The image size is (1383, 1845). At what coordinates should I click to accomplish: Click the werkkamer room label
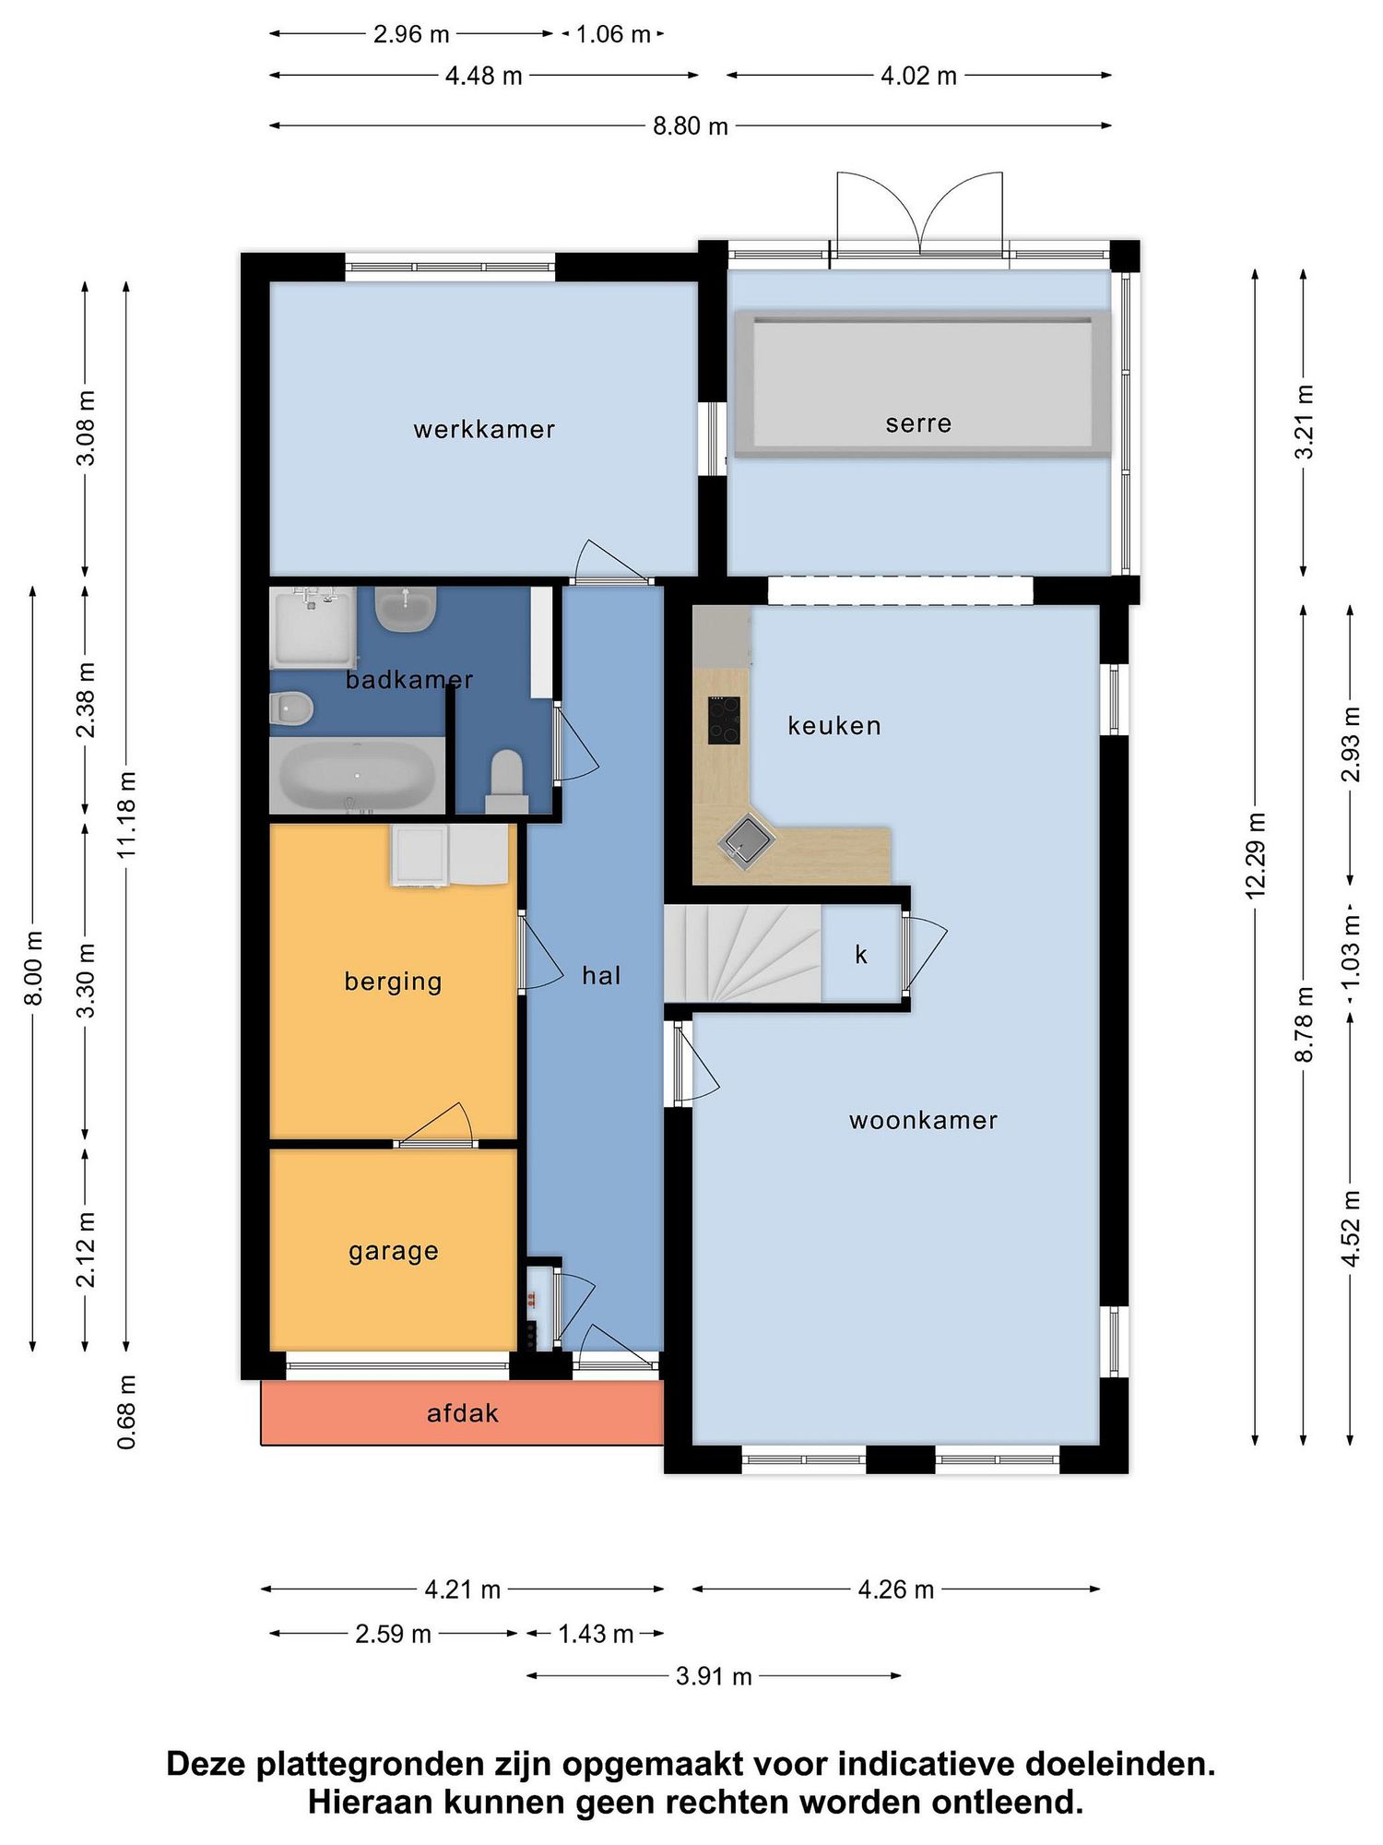point(484,429)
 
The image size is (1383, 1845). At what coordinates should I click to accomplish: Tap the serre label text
point(918,423)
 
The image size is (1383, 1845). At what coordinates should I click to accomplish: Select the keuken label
point(834,725)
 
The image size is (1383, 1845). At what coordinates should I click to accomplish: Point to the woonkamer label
point(923,1120)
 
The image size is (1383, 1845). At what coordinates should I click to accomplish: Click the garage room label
point(394,1252)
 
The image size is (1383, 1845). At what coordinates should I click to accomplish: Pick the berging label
point(394,982)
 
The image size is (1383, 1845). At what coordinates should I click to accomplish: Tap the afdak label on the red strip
point(463,1413)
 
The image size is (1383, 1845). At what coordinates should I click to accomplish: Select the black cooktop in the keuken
point(724,720)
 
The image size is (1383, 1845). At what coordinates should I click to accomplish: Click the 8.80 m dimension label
point(691,125)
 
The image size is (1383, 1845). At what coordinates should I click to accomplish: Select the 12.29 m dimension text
point(1255,855)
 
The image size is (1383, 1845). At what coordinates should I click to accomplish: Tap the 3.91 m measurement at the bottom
point(714,1676)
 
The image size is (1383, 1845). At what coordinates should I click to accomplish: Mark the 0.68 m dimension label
point(126,1411)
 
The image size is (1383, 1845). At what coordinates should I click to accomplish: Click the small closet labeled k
point(861,954)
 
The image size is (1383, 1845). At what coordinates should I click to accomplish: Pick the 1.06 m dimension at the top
point(613,34)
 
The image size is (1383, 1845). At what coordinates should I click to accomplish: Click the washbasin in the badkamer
point(406,610)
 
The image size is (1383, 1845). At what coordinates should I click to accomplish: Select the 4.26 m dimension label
point(896,1589)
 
